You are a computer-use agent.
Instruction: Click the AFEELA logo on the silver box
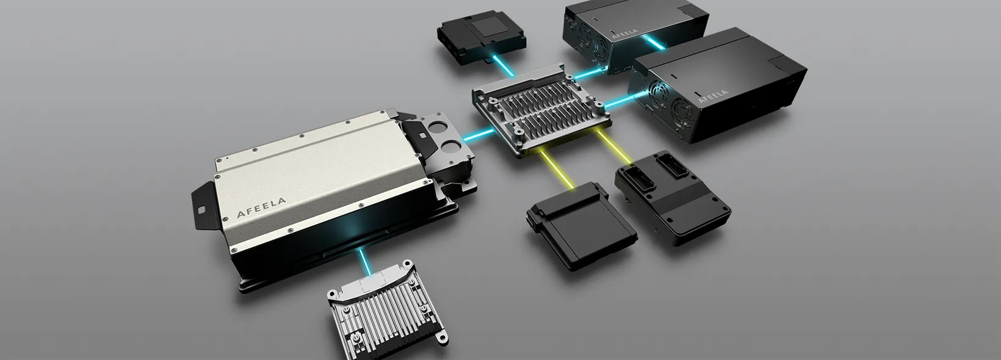tap(261, 208)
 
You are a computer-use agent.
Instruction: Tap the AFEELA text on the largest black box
tap(713, 96)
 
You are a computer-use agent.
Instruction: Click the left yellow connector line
tap(557, 169)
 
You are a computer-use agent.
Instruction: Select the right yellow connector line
tap(615, 146)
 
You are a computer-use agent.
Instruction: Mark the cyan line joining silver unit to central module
tap(479, 134)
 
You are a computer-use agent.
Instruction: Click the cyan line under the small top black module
tap(505, 67)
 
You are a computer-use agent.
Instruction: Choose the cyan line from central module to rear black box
tap(590, 73)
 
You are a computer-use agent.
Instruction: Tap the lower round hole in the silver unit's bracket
tap(452, 146)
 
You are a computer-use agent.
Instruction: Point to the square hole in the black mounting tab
tap(201, 209)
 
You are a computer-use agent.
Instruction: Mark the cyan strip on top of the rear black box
tap(653, 41)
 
